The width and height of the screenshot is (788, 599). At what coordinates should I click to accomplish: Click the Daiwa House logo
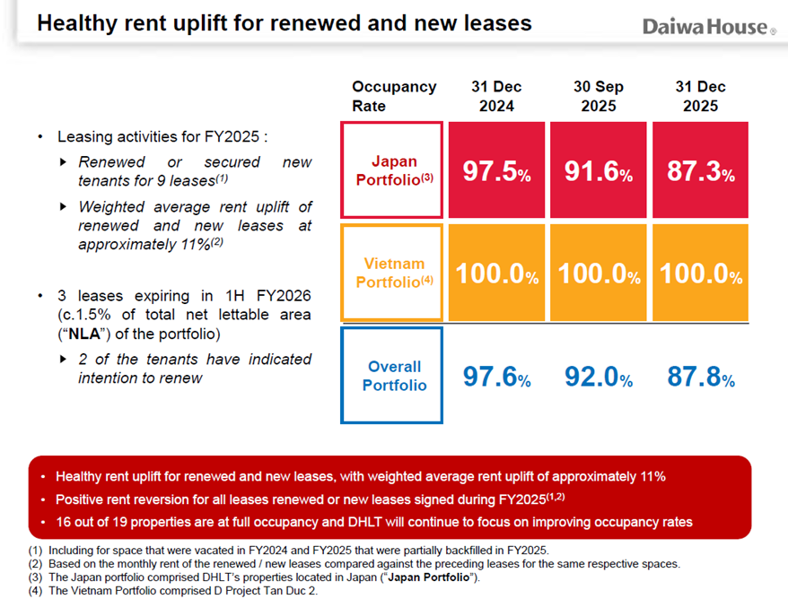click(709, 27)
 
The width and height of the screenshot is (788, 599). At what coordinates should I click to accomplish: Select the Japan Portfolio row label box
click(391, 169)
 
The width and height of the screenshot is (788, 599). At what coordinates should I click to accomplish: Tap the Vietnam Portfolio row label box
click(391, 273)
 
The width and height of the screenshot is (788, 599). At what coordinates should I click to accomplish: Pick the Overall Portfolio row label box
click(391, 376)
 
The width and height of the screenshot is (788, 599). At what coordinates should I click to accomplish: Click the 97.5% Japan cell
click(496, 170)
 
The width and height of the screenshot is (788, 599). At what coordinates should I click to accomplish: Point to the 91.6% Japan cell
click(599, 170)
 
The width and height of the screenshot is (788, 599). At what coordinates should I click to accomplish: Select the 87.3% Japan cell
click(701, 170)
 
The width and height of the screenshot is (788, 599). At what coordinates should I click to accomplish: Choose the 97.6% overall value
click(496, 378)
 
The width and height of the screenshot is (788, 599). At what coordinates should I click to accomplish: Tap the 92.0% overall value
click(599, 378)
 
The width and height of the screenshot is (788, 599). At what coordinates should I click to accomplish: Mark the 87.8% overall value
click(701, 378)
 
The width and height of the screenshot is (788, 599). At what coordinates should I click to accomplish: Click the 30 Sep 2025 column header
click(599, 96)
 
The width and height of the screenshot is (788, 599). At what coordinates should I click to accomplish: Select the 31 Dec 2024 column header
click(496, 96)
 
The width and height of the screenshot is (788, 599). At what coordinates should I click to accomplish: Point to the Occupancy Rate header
click(394, 96)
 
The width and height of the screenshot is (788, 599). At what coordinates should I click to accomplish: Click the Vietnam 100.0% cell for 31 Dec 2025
click(701, 273)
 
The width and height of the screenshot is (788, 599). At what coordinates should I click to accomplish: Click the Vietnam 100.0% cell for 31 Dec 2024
click(496, 273)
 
